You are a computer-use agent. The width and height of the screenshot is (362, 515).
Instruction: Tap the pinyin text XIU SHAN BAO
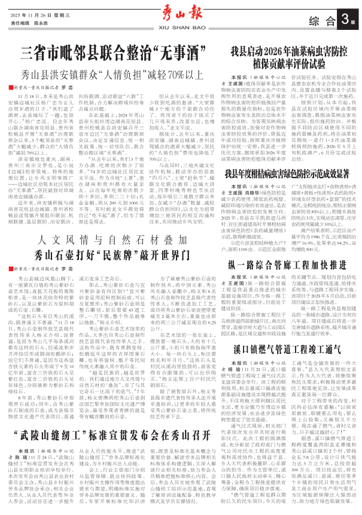coord(181,27)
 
